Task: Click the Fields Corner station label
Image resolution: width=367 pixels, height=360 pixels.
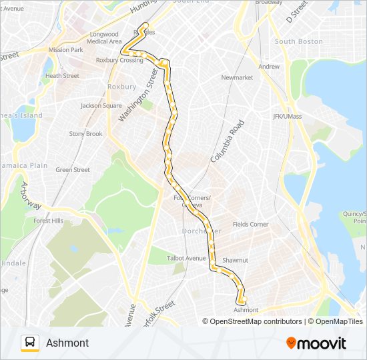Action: (250, 225)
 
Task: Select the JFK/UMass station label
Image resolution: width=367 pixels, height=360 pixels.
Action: (288, 117)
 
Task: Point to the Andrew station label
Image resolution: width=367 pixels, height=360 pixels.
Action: (269, 67)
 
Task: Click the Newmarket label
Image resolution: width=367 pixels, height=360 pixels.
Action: (237, 78)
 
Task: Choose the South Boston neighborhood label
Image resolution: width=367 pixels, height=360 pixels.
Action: (298, 41)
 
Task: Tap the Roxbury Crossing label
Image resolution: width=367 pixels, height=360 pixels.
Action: (119, 60)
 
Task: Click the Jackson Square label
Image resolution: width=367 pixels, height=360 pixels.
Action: (101, 105)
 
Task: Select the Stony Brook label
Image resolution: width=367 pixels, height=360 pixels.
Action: (86, 133)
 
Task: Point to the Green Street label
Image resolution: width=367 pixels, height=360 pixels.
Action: (73, 170)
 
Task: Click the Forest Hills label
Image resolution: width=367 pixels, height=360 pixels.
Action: (47, 221)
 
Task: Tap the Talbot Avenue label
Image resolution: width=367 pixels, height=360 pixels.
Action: (186, 258)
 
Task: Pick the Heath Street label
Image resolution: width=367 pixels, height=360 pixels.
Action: (62, 76)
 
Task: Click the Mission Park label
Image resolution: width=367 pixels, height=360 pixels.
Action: (65, 50)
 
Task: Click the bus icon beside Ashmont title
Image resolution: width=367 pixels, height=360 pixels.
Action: (29, 343)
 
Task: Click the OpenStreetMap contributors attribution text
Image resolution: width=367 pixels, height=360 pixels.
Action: (252, 321)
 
